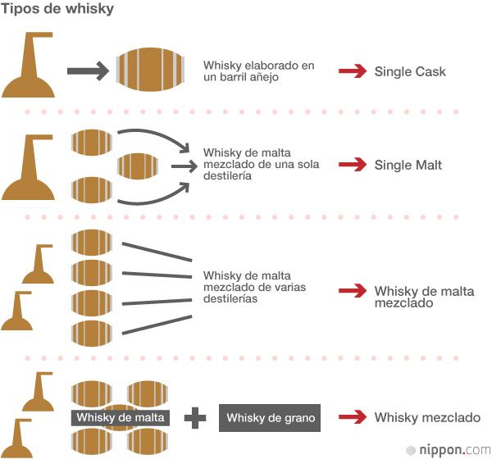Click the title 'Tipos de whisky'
pyautogui.click(x=57, y=10)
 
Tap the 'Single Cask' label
pyautogui.click(x=410, y=71)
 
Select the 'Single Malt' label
pyautogui.click(x=408, y=165)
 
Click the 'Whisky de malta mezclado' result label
pyautogui.click(x=424, y=297)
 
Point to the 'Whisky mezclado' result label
pyautogui.click(x=427, y=418)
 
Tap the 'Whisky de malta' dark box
pyautogui.click(x=121, y=418)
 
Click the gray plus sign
pyautogui.click(x=195, y=419)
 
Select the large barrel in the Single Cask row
pyautogui.click(x=150, y=70)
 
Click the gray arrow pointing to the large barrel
pyautogui.click(x=87, y=71)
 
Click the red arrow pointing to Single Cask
pyautogui.click(x=352, y=71)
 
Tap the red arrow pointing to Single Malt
pyautogui.click(x=352, y=165)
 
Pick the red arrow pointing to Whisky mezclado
pyautogui.click(x=352, y=418)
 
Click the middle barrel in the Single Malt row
pyautogui.click(x=138, y=166)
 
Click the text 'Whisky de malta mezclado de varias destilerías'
pyautogui.click(x=251, y=288)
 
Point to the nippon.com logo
pyautogui.click(x=447, y=449)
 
